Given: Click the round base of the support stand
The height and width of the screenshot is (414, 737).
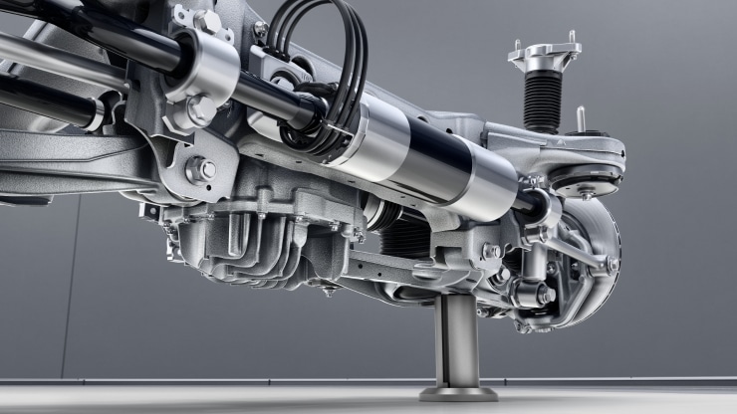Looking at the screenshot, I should (x=458, y=394).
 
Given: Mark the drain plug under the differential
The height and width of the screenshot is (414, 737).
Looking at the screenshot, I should (x=329, y=290).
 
